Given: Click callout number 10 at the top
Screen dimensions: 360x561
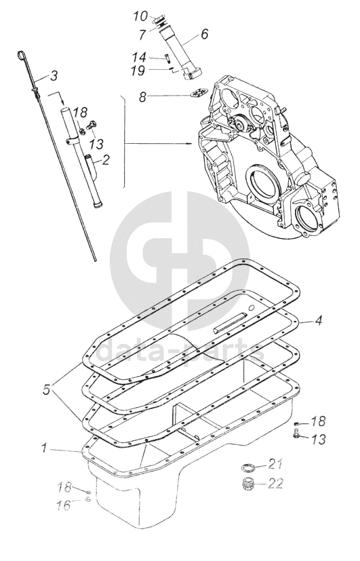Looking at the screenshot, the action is click(140, 16).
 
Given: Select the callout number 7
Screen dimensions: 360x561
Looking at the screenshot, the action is click(142, 35).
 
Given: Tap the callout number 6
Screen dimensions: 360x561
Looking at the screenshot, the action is click(204, 34).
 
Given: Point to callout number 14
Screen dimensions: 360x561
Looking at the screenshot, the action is click(139, 57).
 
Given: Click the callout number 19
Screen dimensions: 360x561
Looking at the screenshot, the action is click(138, 71).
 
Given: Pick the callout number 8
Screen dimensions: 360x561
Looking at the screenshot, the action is click(142, 96).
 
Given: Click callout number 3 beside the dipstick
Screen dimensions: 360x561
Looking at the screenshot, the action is click(54, 75).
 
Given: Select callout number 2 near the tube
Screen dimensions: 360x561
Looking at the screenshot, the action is click(105, 159).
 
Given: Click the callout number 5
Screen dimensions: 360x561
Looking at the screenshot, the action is click(47, 390).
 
